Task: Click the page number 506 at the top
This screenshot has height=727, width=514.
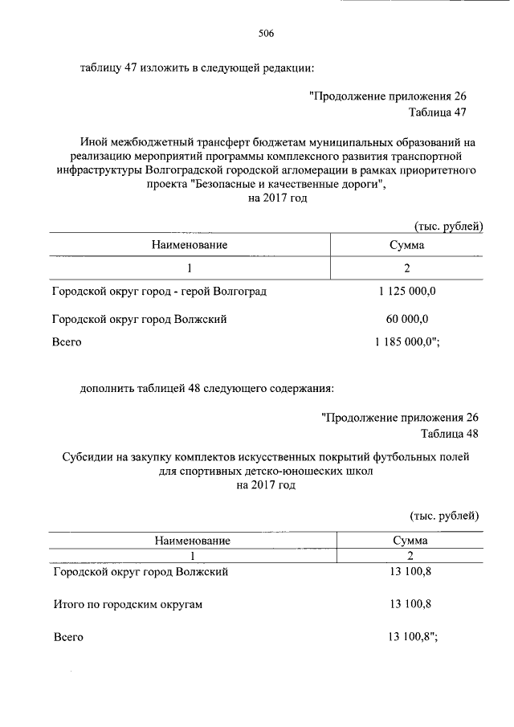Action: pyautogui.click(x=266, y=34)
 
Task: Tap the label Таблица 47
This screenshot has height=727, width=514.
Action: pyautogui.click(x=437, y=112)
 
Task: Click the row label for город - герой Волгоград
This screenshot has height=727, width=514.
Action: pyautogui.click(x=159, y=292)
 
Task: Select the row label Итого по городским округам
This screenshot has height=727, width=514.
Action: pyautogui.click(x=127, y=604)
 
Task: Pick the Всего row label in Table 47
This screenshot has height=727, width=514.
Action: pyautogui.click(x=67, y=342)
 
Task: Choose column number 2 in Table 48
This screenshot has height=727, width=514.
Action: pyautogui.click(x=410, y=556)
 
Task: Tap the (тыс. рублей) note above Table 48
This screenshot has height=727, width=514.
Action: pyautogui.click(x=445, y=514)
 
